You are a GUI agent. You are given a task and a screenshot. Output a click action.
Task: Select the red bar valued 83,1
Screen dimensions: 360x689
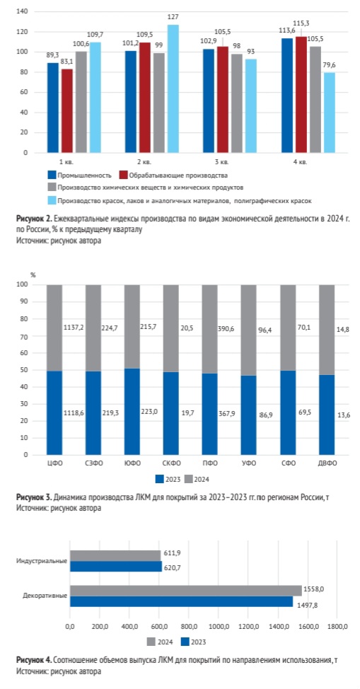(66, 111)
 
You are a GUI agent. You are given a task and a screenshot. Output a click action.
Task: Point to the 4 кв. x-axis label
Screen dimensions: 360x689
(300, 162)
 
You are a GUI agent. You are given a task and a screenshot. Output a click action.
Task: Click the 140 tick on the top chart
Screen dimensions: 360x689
(22, 11)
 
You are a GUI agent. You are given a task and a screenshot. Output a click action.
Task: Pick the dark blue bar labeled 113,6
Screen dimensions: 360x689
(287, 95)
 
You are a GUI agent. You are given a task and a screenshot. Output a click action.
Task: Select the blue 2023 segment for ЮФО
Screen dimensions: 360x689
(132, 411)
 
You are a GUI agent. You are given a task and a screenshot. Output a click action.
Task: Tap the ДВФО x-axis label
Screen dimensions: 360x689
(327, 464)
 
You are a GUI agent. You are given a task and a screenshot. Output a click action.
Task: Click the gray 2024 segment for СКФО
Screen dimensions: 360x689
(171, 328)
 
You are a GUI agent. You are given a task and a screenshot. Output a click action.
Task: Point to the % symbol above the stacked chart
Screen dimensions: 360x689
(33, 274)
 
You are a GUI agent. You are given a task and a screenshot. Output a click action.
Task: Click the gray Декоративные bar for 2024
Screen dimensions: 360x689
(185, 590)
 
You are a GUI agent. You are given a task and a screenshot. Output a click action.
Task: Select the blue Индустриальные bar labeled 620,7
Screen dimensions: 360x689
(115, 567)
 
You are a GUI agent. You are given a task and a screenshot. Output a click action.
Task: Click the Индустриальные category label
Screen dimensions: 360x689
(42, 561)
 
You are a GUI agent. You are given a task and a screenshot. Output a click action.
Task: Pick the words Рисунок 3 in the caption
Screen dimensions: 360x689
(33, 498)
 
